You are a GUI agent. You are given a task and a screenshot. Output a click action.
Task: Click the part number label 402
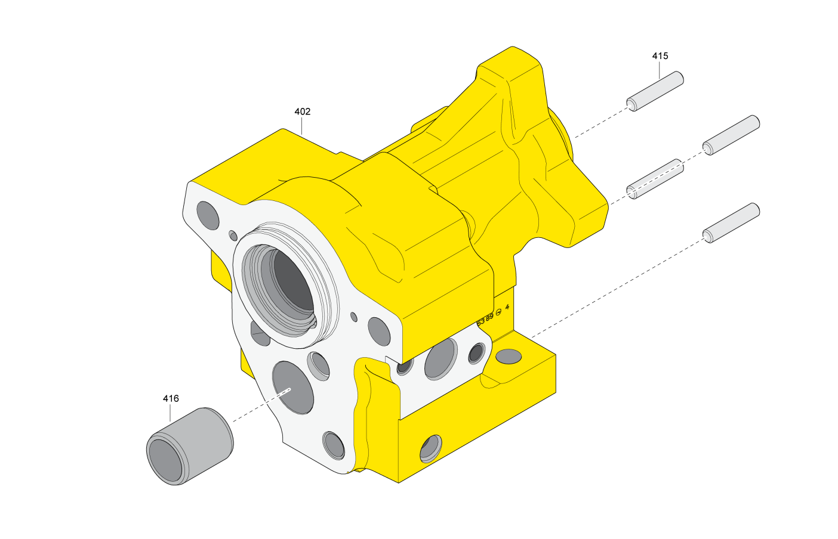coord(303,111)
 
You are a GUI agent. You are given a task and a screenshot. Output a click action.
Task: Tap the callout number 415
coord(660,56)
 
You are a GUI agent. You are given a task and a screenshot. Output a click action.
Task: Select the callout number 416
coord(171,398)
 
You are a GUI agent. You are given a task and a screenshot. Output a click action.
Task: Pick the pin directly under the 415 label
coord(655,91)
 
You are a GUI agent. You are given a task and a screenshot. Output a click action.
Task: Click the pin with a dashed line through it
coord(655,179)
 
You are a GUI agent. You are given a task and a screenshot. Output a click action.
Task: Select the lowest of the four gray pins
coord(731,222)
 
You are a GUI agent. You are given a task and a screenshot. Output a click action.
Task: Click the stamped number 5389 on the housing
coord(485,319)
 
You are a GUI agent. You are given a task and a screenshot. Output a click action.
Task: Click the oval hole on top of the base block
coord(509,357)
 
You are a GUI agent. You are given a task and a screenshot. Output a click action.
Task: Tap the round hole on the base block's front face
coord(431,448)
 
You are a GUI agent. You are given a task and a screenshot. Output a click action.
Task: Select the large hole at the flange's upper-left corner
coord(208,215)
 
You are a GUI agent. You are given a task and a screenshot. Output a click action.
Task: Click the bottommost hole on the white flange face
coord(334,445)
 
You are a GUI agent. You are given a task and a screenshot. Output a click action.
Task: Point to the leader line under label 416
coord(170,413)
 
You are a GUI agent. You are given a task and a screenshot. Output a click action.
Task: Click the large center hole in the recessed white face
coord(441,358)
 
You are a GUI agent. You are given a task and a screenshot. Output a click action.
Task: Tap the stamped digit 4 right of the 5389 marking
coord(507,308)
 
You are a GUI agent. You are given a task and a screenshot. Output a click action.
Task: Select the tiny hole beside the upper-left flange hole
coord(233,236)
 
